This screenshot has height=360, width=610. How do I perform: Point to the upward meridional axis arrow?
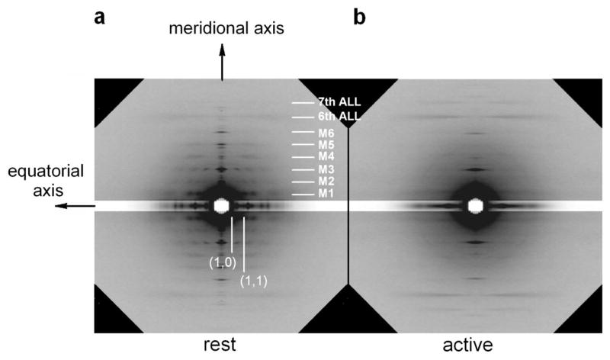223,61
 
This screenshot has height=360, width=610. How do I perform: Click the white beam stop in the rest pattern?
222,206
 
